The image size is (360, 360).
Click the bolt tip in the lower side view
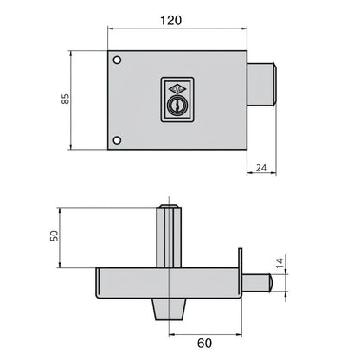271,282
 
